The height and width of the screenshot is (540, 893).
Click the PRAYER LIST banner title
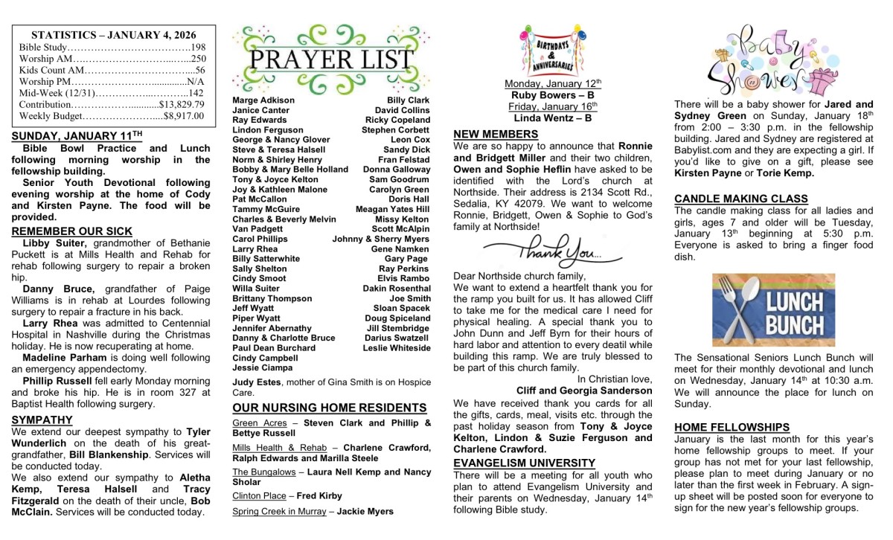click(x=331, y=60)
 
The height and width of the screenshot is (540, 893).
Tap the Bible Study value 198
click(x=198, y=47)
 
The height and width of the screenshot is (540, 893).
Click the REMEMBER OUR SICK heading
click(x=72, y=231)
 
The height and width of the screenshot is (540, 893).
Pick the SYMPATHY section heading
click(x=42, y=420)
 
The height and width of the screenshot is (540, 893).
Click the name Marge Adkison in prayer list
click(x=263, y=100)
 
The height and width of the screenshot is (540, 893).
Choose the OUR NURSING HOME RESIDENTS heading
click(x=330, y=408)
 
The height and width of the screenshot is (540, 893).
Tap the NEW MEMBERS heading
click(x=496, y=134)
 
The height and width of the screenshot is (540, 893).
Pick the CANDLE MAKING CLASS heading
click(x=741, y=199)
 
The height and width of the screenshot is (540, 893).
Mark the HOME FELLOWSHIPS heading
click(x=732, y=427)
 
